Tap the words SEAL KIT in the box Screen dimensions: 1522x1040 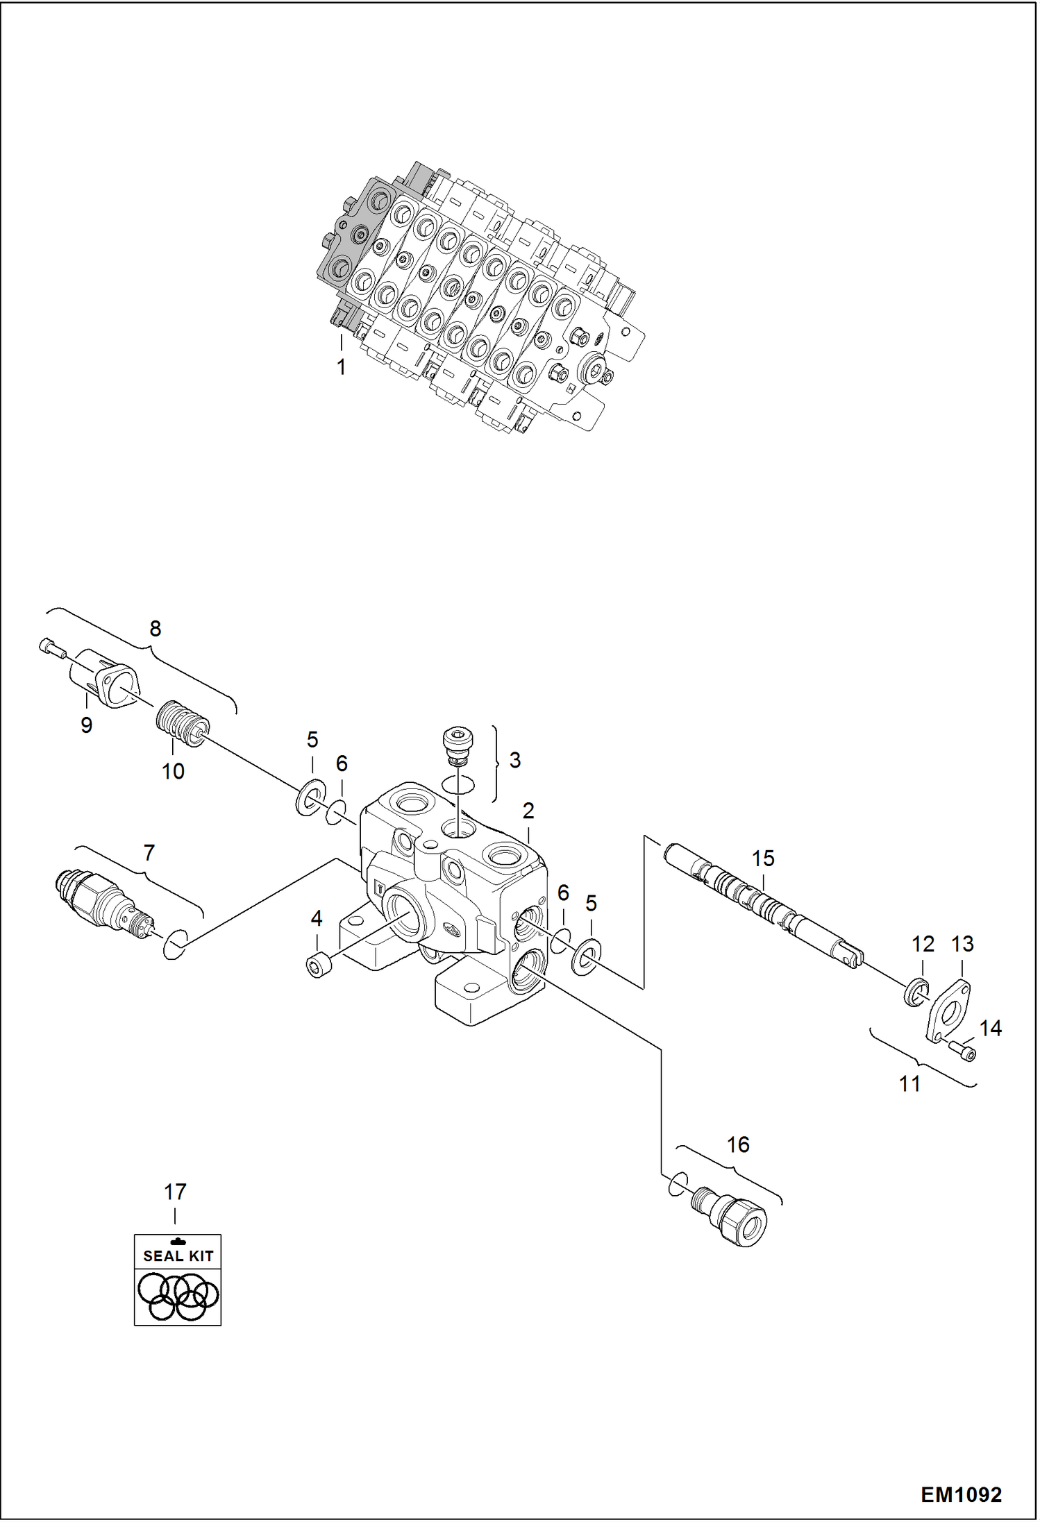[x=178, y=1255]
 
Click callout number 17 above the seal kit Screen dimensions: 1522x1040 [x=175, y=1192]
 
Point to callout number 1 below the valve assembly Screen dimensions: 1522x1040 [x=341, y=367]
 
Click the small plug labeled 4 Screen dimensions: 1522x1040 [x=319, y=966]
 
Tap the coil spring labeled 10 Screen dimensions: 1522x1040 [x=181, y=725]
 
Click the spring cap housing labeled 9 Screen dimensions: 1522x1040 [x=104, y=679]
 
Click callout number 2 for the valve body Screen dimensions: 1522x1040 [x=528, y=810]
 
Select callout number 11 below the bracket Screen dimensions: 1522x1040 [x=909, y=1083]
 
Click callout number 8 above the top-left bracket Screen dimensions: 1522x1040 [x=156, y=629]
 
